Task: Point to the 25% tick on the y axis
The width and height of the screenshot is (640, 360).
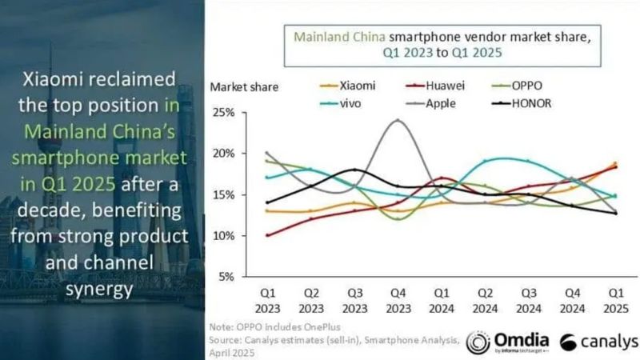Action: point(223,113)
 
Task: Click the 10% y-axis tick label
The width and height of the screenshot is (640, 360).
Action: point(223,236)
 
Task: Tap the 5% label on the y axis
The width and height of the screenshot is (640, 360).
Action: point(226,277)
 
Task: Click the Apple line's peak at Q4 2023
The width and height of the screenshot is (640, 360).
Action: point(398,120)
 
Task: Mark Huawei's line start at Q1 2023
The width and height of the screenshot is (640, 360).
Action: point(267,235)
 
